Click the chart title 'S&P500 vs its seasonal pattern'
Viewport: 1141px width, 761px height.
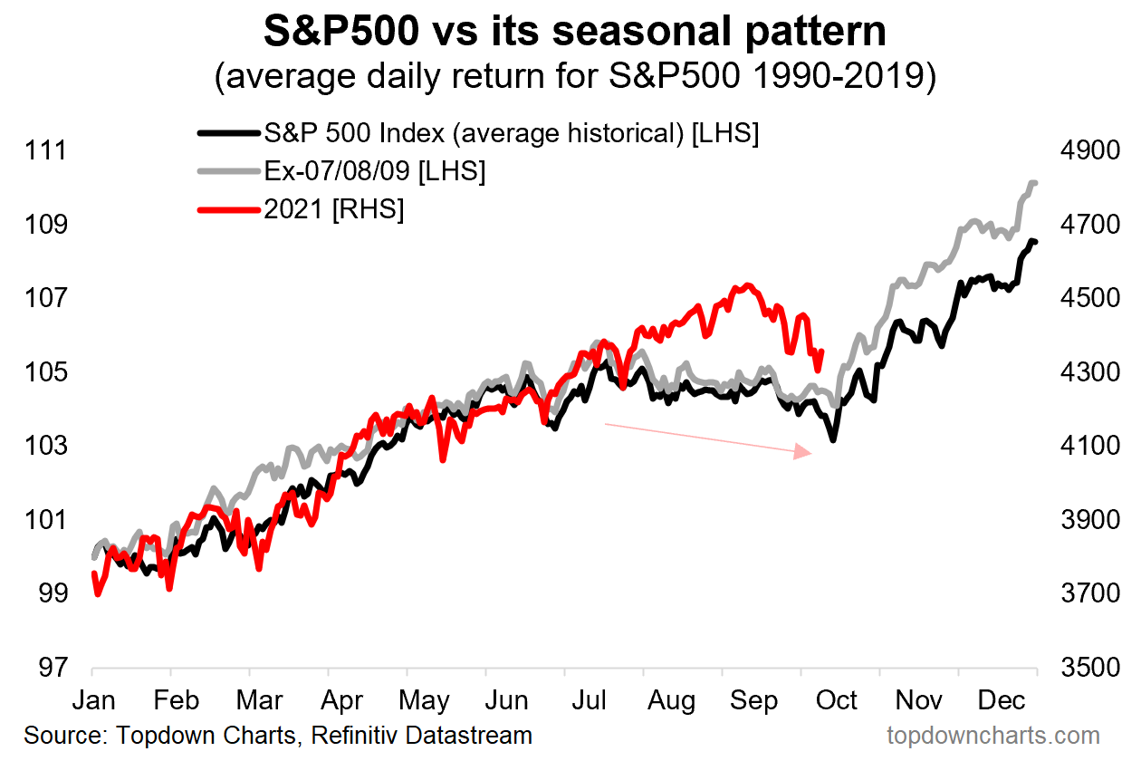pyautogui.click(x=574, y=32)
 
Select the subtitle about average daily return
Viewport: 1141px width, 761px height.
pyautogui.click(x=574, y=76)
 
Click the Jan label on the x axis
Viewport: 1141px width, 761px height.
pyautogui.click(x=93, y=701)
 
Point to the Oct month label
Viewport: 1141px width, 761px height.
pyautogui.click(x=837, y=701)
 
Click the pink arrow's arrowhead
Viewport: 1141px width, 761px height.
pyautogui.click(x=804, y=451)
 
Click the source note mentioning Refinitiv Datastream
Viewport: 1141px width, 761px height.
pyautogui.click(x=278, y=735)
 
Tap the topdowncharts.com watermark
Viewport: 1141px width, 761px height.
pyautogui.click(x=992, y=735)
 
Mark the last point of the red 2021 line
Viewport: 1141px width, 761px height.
pyautogui.click(x=820, y=352)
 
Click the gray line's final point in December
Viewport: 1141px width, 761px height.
pyautogui.click(x=1034, y=183)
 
